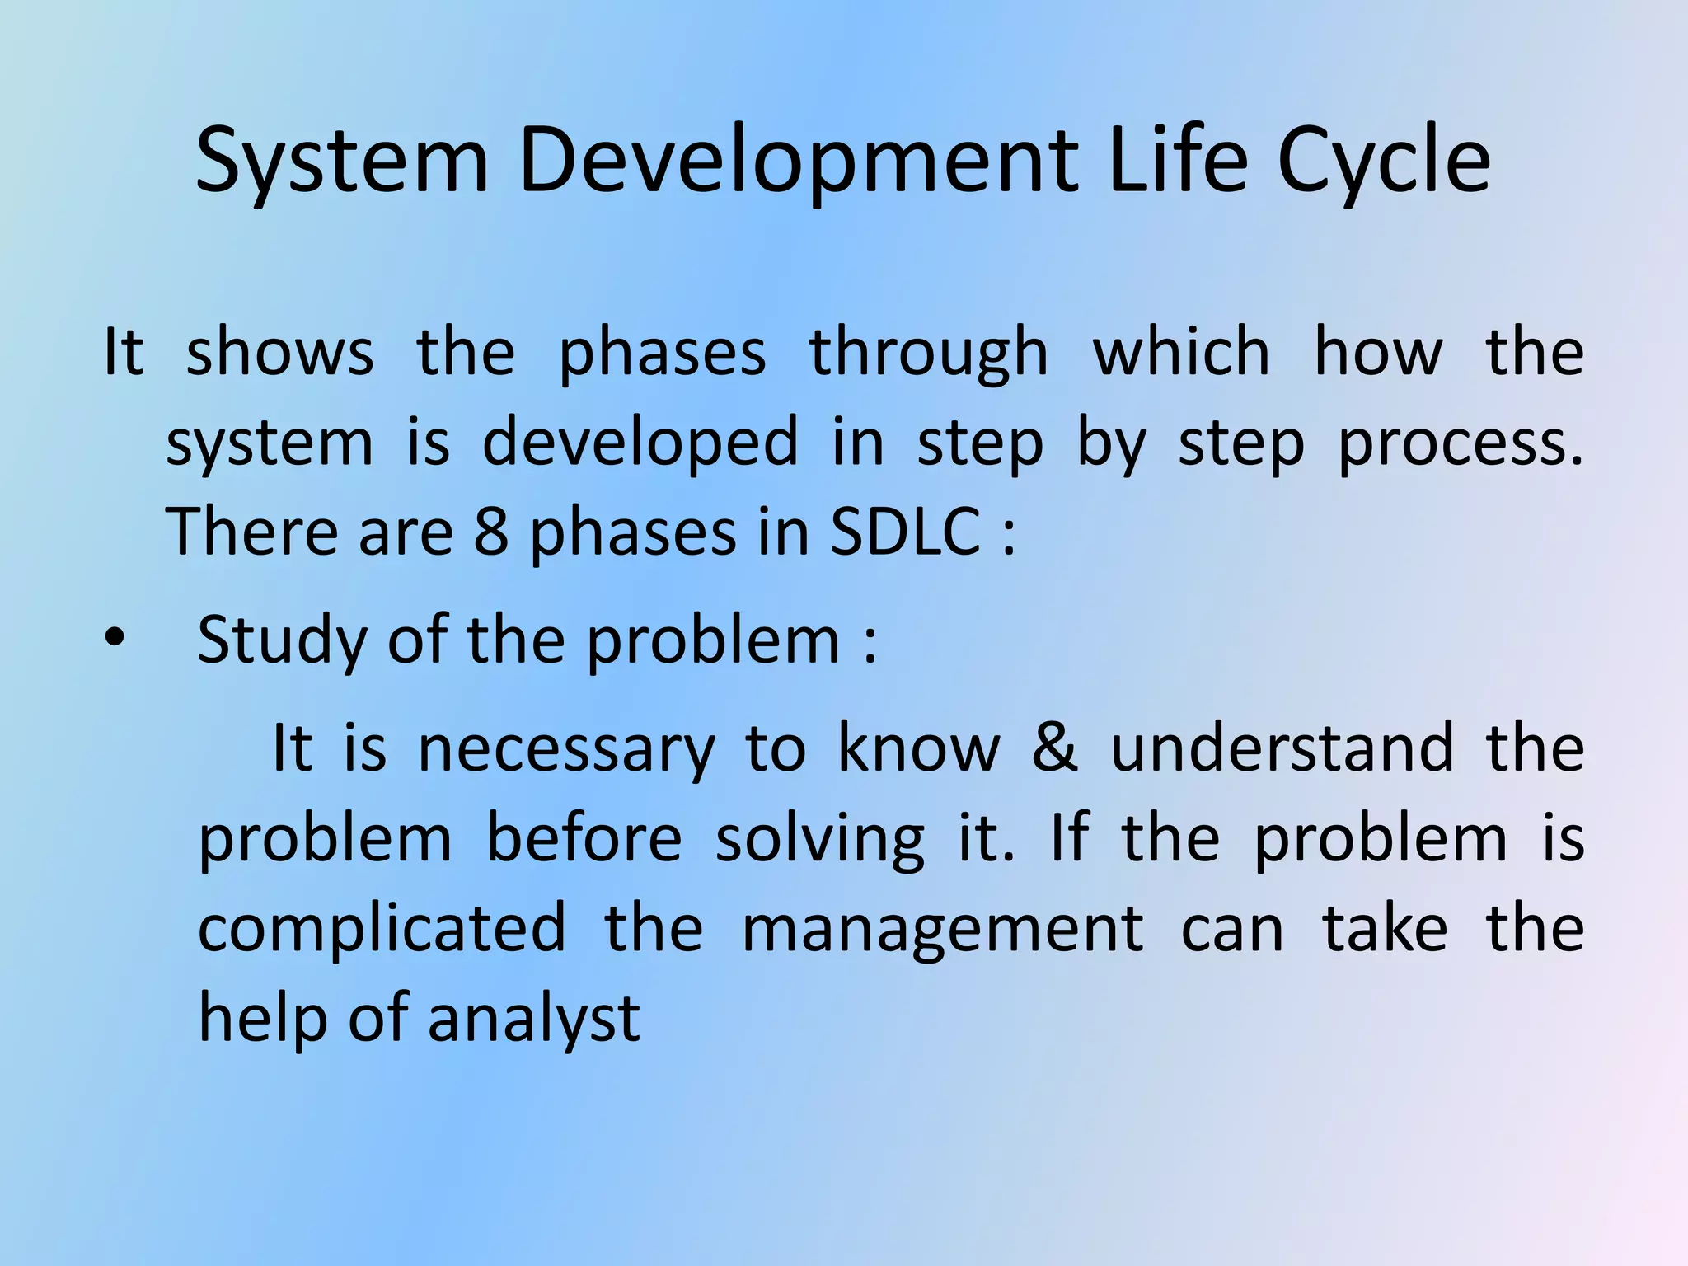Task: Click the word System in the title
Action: pyautogui.click(x=343, y=161)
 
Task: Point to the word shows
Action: pyautogui.click(x=279, y=353)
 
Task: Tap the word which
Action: pyautogui.click(x=1181, y=353)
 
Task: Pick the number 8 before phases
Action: pyautogui.click(x=491, y=532)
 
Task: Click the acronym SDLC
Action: pyautogui.click(x=905, y=532)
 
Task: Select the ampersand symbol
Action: pyautogui.click(x=1054, y=748)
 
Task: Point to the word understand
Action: pyautogui.click(x=1282, y=748)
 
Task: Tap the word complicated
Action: pyautogui.click(x=382, y=928)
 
